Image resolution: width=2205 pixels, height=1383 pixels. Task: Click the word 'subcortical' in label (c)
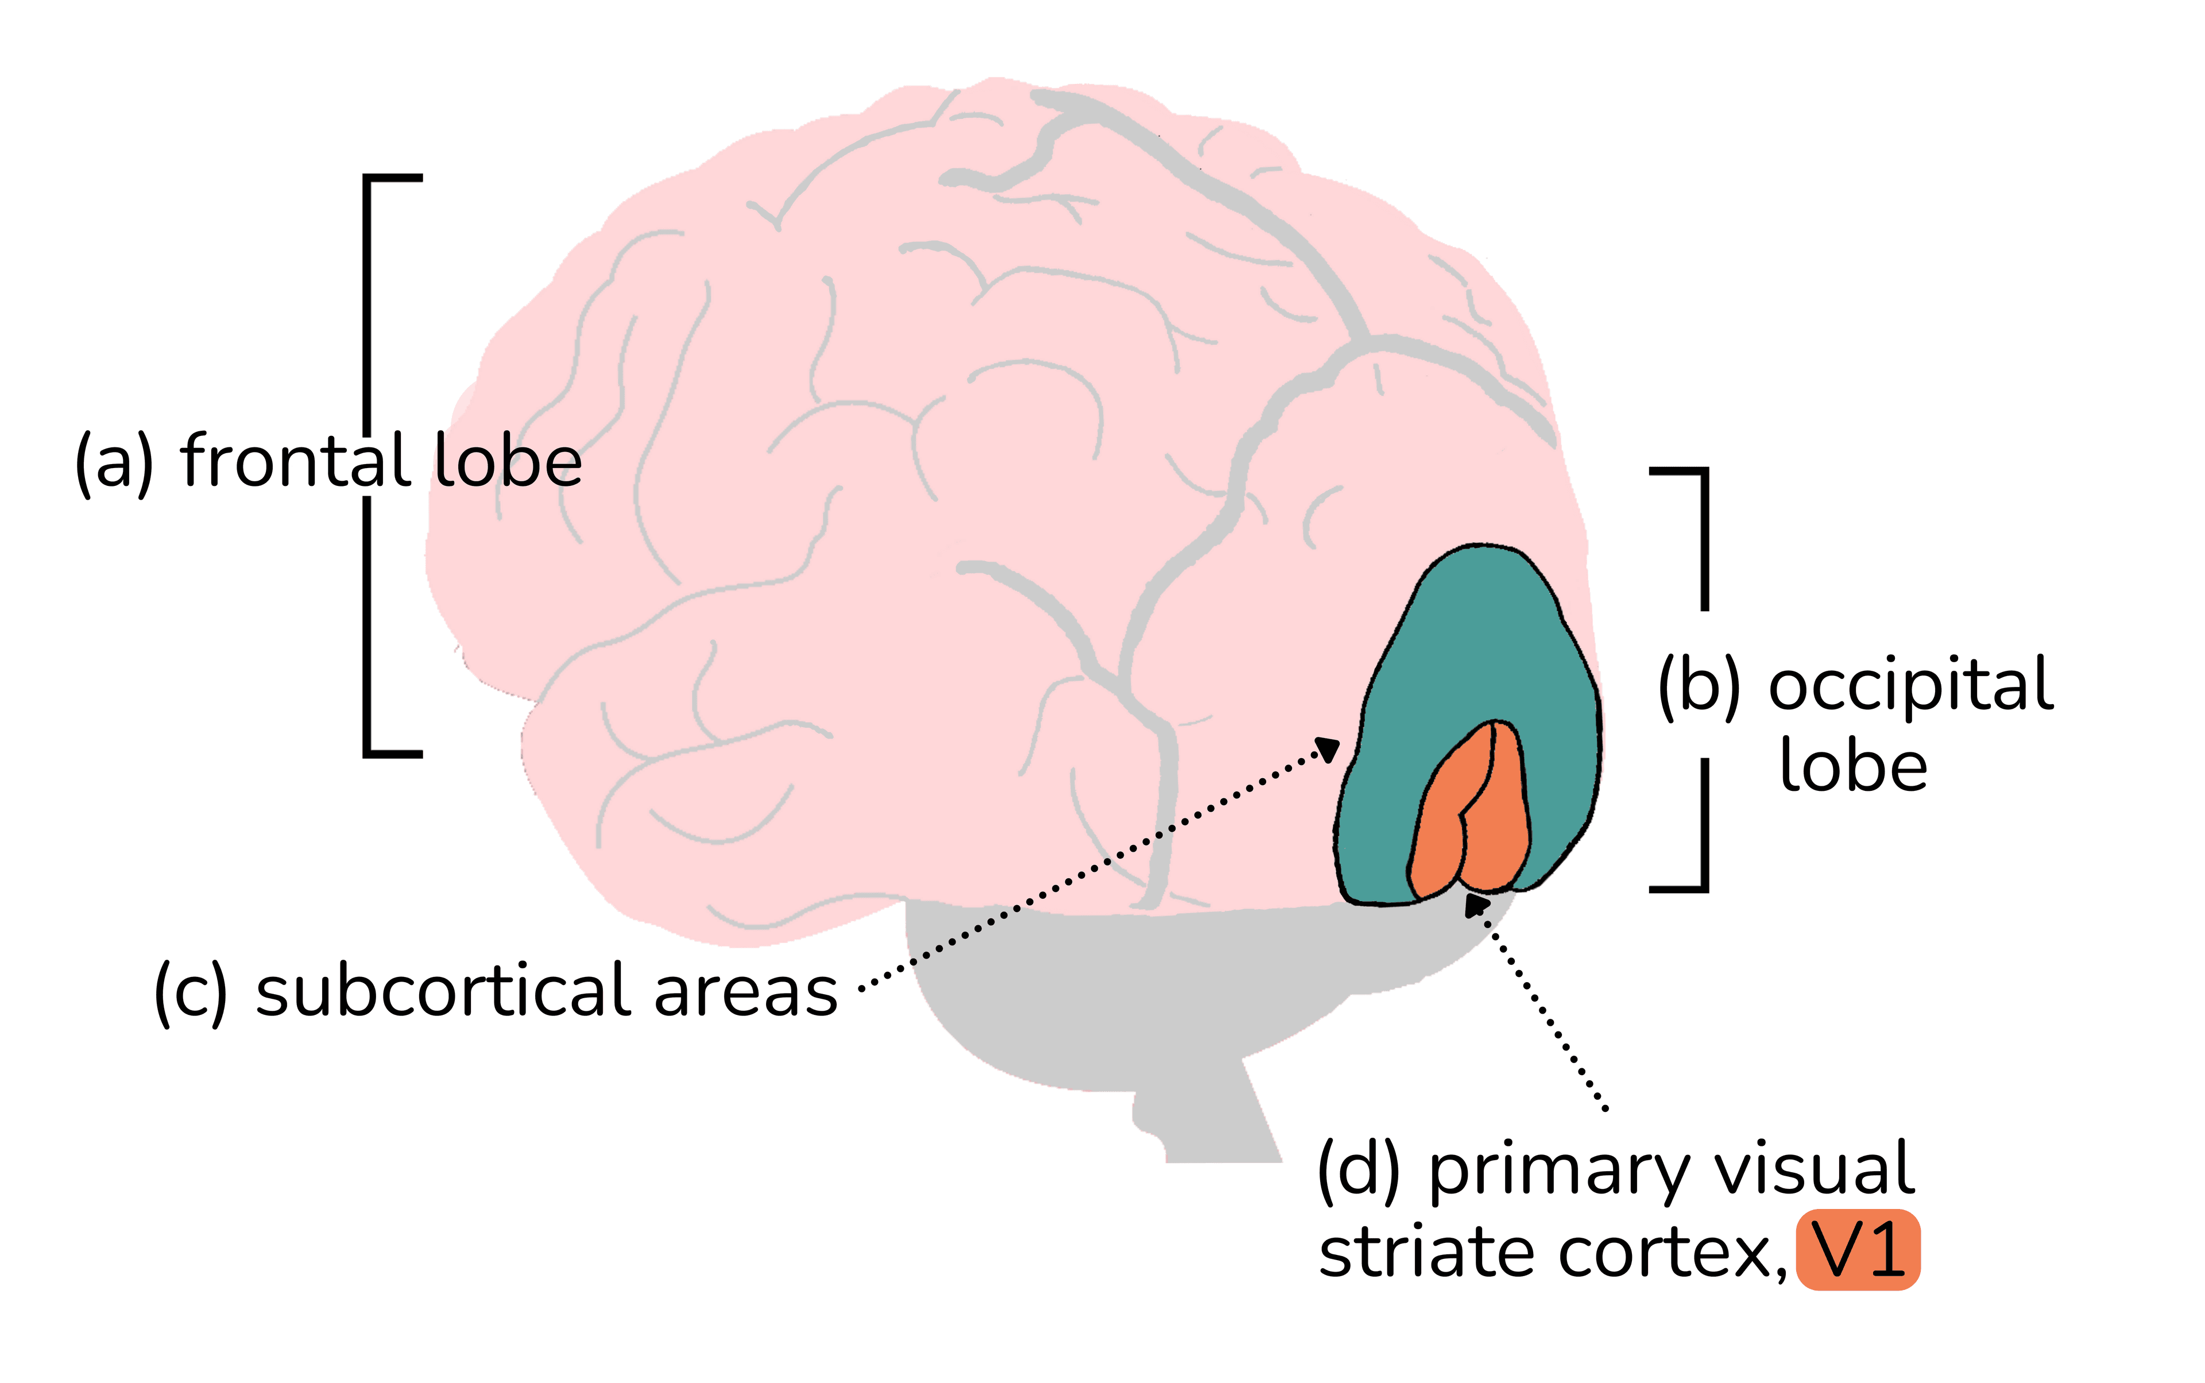coord(443,991)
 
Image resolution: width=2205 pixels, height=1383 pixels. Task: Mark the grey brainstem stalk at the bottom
coord(1207,1116)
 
